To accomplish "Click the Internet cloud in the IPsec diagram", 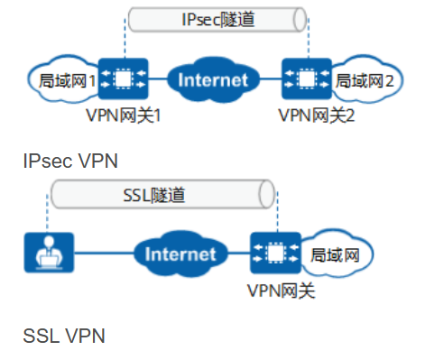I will [212, 79].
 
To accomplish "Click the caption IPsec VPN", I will [70, 161].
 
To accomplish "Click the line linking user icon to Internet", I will [99, 254].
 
